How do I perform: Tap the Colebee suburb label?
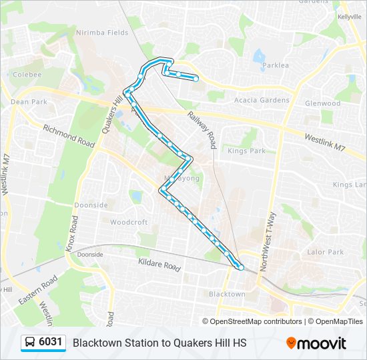tap(27, 74)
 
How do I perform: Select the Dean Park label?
tap(29, 102)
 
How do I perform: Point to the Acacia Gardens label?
tap(262, 100)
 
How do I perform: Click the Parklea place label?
tap(276, 65)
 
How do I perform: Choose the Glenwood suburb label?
tap(322, 103)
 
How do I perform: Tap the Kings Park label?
tap(246, 151)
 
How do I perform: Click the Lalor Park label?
tap(325, 252)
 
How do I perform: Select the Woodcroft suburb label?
tap(129, 222)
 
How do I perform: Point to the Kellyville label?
tap(349, 17)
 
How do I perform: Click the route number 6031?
tap(51, 343)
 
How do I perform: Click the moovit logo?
tap(316, 343)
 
